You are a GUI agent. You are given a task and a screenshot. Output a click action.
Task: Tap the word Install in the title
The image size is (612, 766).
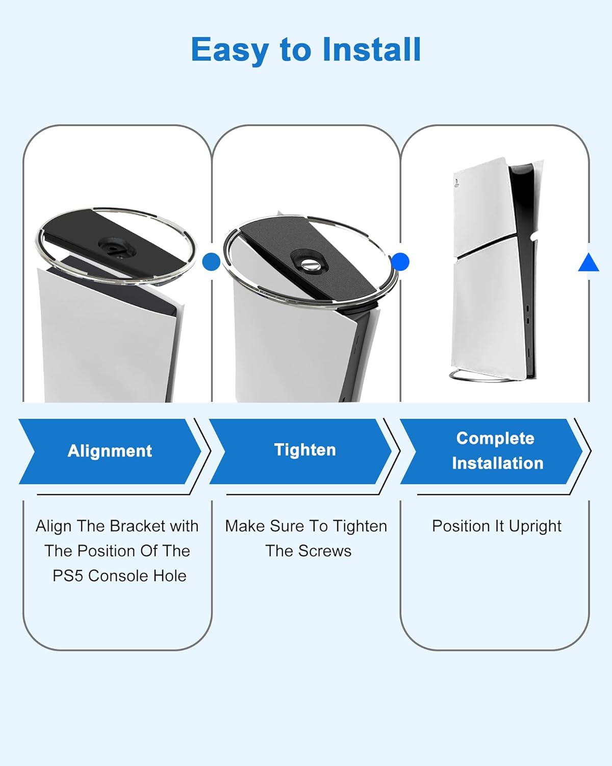coord(372,50)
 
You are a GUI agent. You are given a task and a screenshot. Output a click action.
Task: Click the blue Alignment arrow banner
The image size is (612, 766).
coord(110,451)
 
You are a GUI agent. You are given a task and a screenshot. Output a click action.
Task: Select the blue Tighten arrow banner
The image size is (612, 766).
coord(300,451)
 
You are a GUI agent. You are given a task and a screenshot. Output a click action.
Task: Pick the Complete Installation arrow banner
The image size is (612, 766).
coord(492,451)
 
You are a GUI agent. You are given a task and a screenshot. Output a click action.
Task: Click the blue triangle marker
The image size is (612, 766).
coord(589,262)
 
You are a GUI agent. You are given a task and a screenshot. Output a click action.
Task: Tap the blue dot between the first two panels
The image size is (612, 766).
coord(211,261)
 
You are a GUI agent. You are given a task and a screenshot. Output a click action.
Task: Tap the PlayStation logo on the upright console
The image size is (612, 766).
coord(456,184)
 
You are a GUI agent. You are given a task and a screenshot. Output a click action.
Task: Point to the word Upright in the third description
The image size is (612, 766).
coord(535,527)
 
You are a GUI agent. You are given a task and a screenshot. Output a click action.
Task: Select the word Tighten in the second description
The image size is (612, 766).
coord(360,527)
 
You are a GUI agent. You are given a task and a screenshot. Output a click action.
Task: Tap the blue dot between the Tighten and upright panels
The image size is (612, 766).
coord(400,261)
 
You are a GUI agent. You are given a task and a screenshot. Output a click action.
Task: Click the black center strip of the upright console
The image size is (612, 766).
coord(523,271)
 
